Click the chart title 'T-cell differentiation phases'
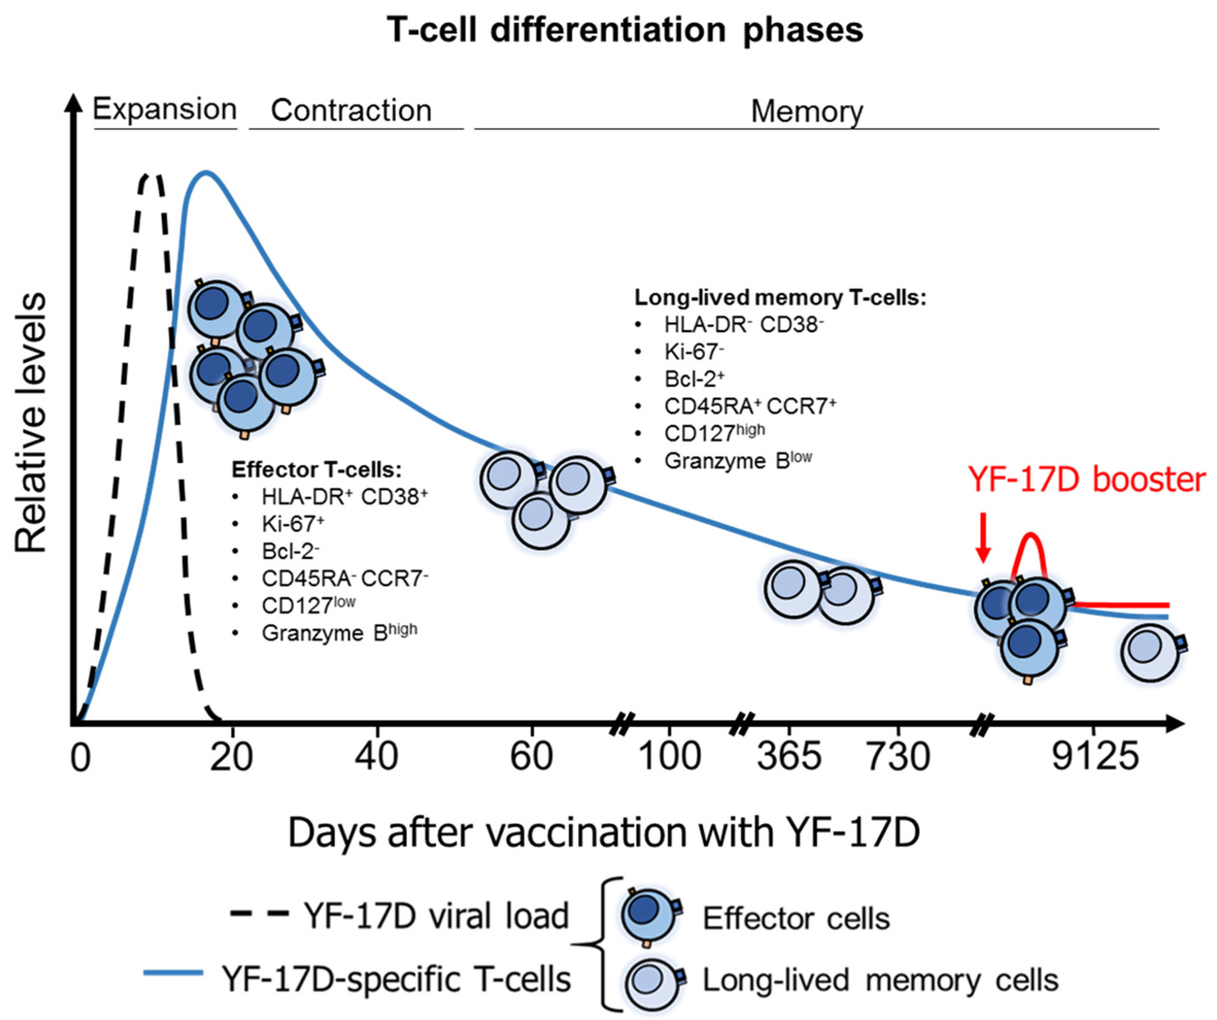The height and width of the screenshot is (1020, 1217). tap(625, 30)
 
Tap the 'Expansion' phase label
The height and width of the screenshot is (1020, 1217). tap(165, 109)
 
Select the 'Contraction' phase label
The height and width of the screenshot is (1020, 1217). tap(351, 110)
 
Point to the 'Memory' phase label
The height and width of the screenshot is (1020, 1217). tap(807, 111)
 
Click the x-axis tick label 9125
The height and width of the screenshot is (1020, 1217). tap(1095, 757)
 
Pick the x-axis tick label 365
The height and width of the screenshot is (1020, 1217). tap(789, 757)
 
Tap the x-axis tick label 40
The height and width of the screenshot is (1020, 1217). tap(377, 757)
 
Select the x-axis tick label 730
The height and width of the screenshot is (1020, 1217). tap(898, 757)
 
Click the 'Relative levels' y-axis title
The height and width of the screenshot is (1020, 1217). tap(30, 423)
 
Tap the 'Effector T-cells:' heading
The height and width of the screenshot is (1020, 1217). tap(317, 469)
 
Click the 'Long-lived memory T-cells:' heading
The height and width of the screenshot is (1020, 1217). tap(781, 298)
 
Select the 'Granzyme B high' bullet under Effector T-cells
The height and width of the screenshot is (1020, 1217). tap(339, 633)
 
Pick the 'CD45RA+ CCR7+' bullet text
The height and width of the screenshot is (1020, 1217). tap(750, 407)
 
